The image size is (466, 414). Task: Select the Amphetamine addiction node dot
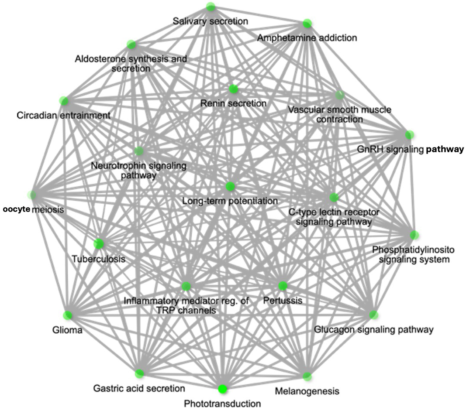coord(307,23)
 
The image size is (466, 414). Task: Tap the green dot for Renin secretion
coord(233,89)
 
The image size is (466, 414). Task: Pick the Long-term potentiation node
coord(231,187)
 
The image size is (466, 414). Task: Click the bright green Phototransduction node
coord(223,388)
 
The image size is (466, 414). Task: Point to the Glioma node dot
coord(68,315)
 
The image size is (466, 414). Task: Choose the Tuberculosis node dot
coord(99,243)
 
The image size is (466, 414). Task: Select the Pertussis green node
coord(283,286)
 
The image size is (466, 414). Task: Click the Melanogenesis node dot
coord(307,375)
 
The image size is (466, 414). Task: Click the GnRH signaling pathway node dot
coord(409,134)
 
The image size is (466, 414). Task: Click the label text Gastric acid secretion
coord(139,388)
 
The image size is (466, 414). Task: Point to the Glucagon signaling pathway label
coord(374,329)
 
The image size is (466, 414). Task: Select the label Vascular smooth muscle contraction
coord(339,114)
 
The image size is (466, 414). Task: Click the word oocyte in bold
coord(17,209)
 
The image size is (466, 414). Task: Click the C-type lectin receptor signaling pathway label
coord(334,217)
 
